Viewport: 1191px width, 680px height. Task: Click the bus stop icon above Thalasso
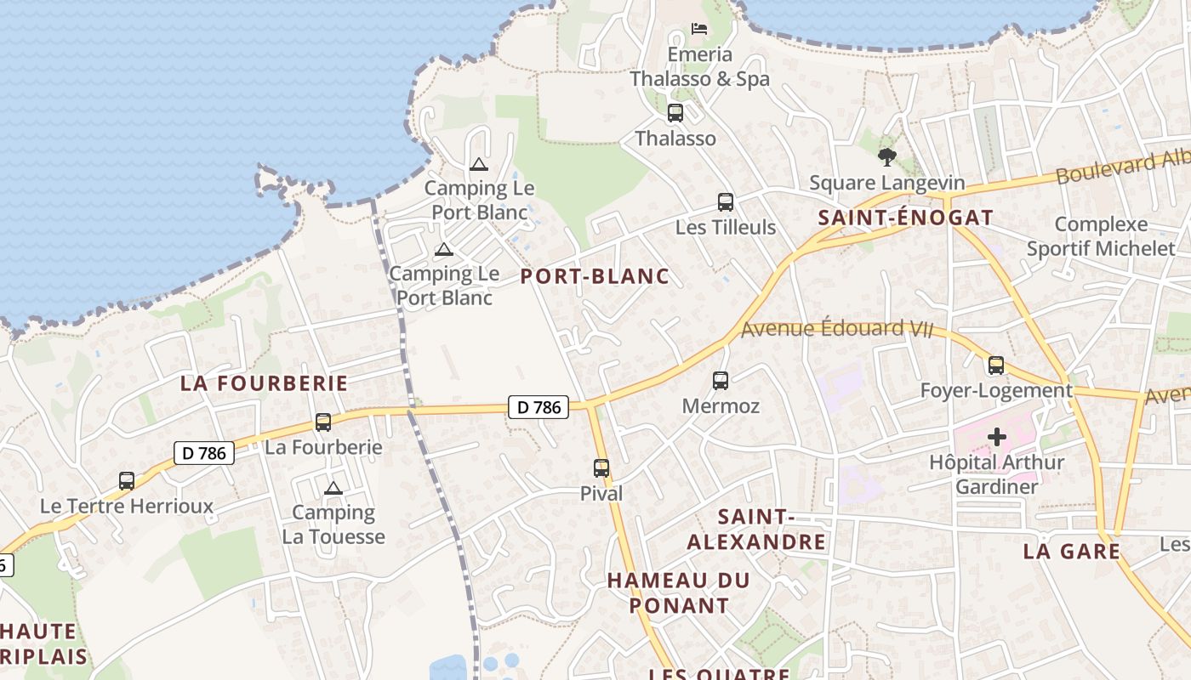coord(675,112)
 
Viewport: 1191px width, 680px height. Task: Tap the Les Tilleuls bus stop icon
coord(725,202)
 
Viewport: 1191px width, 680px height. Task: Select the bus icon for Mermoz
coord(721,381)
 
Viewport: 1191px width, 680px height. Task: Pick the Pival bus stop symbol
coord(601,467)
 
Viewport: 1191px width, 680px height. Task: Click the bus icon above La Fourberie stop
coord(323,422)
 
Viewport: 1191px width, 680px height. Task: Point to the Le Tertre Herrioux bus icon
coord(127,481)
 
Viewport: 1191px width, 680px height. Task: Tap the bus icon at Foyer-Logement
coord(996,365)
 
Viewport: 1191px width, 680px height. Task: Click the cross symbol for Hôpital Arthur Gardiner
coord(997,438)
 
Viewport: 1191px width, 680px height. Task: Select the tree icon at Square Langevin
coord(887,157)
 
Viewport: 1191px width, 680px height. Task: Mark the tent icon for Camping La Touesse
coord(333,488)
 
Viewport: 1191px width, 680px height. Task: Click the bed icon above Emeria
coord(699,29)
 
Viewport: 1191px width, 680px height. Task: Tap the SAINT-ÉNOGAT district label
coord(906,218)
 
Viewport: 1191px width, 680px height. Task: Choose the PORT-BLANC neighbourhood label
coord(595,276)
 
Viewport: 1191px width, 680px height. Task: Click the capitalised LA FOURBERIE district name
coord(264,383)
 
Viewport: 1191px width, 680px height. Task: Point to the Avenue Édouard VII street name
coord(837,329)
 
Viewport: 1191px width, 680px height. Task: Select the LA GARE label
coord(1071,551)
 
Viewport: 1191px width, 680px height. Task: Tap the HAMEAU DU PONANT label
coord(679,593)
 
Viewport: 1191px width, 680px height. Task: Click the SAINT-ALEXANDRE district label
coord(756,530)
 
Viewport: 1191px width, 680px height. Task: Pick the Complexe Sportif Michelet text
coord(1101,236)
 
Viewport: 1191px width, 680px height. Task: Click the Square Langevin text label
coord(887,183)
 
